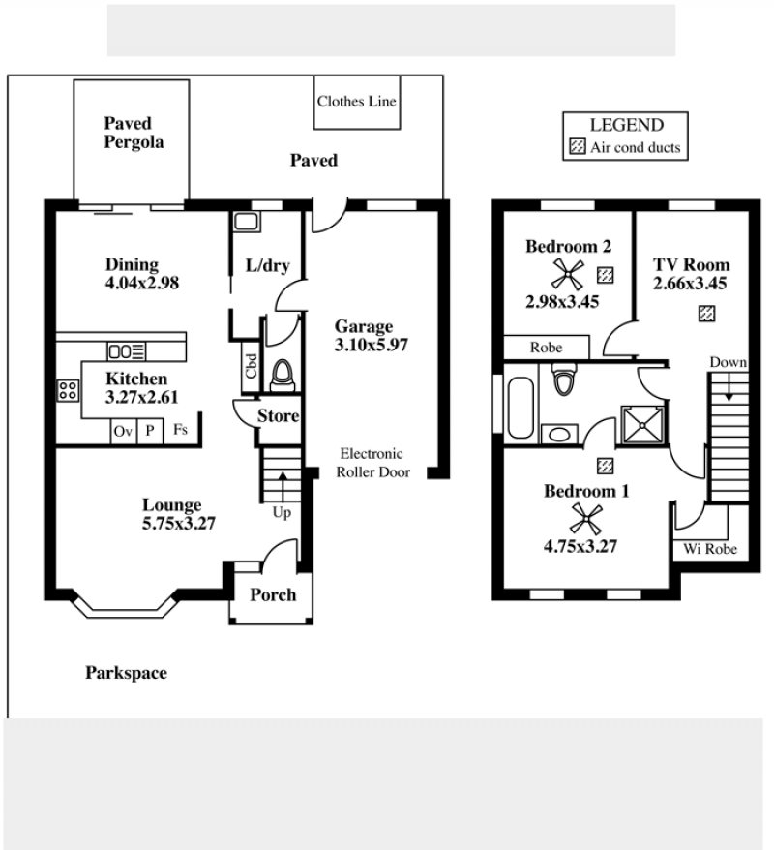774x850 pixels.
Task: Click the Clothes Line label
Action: coord(356,102)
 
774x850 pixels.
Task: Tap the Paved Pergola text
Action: coord(134,133)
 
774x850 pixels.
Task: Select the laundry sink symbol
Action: coord(247,222)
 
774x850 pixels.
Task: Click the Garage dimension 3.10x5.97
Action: coord(371,345)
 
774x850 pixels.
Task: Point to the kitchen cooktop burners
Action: coord(69,390)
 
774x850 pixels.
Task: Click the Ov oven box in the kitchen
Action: coord(124,432)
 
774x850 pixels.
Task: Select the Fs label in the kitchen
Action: coord(180,429)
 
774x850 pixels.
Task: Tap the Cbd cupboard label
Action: coord(251,366)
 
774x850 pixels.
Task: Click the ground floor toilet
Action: coord(282,375)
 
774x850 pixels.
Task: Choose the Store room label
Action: coord(279,415)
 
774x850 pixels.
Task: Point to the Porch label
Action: coord(273,594)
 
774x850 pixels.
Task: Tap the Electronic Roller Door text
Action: coord(372,463)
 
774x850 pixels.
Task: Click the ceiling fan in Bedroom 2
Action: coord(568,274)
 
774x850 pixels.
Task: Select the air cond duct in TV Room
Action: coord(706,314)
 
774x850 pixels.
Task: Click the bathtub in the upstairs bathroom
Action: coord(521,408)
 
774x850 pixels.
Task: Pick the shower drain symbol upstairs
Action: coord(642,425)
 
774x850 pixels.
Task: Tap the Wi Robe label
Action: coord(710,549)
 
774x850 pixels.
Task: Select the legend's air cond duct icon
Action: coord(578,146)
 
